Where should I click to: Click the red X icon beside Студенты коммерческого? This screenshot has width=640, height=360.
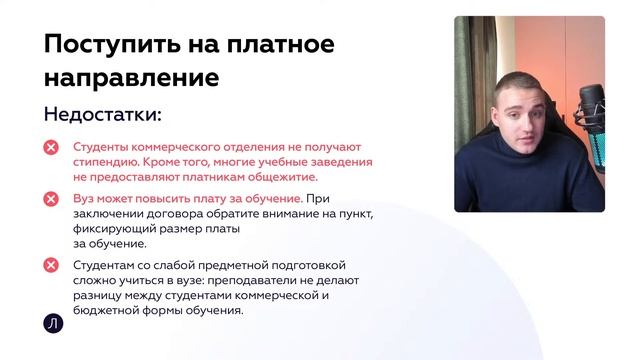tap(51, 147)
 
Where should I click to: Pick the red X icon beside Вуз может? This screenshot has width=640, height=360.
tap(51, 199)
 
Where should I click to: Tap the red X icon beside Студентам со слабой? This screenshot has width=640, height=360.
tap(51, 265)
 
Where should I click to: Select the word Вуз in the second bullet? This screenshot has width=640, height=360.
tap(83, 199)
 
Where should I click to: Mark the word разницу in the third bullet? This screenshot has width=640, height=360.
tap(99, 295)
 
